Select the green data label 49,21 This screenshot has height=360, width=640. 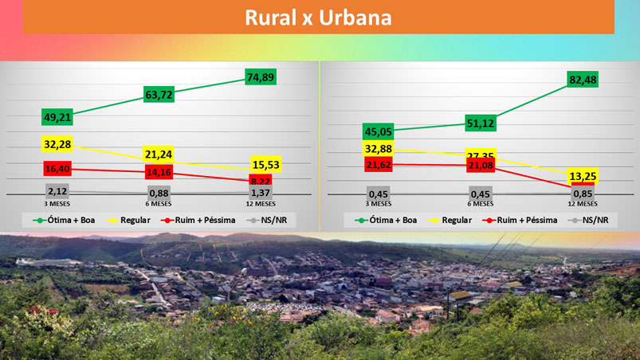point(57,117)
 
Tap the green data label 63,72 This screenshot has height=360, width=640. point(159,94)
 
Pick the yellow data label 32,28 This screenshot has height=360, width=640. point(57,144)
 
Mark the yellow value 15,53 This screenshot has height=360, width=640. point(267,163)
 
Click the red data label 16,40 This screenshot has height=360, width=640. point(57,169)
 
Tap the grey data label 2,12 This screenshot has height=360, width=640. point(57,191)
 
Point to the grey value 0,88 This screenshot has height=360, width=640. point(159,193)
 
